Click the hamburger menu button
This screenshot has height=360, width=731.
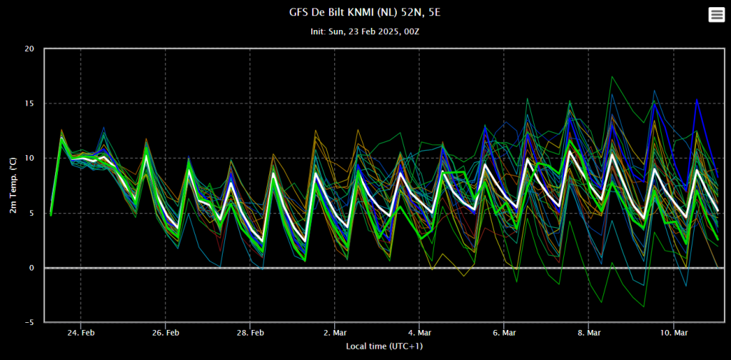click(716, 15)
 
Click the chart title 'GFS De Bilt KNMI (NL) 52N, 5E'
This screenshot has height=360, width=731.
click(365, 13)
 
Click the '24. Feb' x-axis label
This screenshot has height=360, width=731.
click(81, 334)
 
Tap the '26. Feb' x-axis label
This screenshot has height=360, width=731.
click(166, 334)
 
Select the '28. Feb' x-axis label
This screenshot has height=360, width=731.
click(251, 334)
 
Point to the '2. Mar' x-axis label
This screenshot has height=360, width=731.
click(335, 334)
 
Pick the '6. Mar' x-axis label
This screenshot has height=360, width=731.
click(504, 334)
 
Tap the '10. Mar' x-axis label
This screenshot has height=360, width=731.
click(674, 334)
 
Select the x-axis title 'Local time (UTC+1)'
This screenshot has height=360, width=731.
click(385, 346)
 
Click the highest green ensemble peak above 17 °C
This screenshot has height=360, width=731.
click(612, 76)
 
